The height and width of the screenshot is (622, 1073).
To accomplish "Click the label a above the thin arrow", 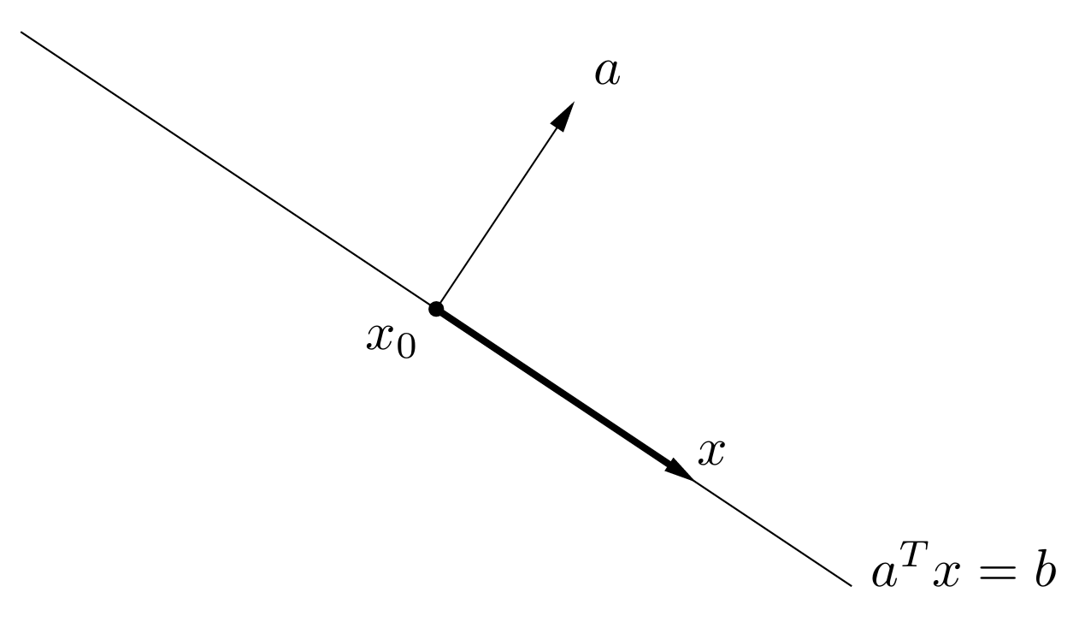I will click(x=607, y=74).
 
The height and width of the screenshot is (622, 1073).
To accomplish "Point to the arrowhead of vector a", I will click(x=563, y=115).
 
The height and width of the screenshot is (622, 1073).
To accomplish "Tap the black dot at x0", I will click(x=436, y=308).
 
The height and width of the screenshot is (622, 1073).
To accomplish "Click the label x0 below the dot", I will click(x=391, y=340).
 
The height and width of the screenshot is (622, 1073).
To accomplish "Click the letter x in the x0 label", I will click(x=381, y=337).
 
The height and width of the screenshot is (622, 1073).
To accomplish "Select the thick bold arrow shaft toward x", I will click(x=556, y=388).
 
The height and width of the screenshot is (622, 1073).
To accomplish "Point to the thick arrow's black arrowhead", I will click(x=679, y=470).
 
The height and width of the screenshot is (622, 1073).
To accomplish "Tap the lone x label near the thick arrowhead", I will click(x=710, y=453).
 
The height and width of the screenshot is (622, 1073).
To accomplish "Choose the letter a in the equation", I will click(x=884, y=572).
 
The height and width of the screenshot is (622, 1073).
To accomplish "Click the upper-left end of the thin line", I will click(x=22, y=33).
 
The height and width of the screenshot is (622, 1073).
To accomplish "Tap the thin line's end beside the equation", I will click(x=850, y=585).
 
